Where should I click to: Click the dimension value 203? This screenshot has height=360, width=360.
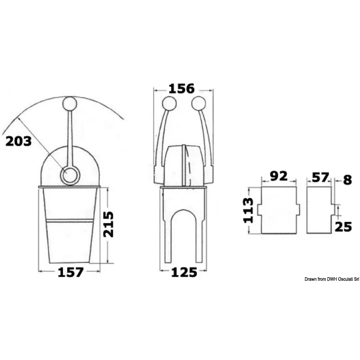click(18, 141)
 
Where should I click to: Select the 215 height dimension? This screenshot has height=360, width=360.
click(108, 224)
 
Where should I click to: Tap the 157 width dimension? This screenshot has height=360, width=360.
click(70, 272)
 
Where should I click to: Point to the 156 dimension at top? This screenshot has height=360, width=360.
click(182, 89)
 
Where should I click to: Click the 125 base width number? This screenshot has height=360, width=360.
click(184, 272)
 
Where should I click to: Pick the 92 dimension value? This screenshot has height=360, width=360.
click(279, 176)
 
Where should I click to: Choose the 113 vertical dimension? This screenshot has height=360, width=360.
click(248, 210)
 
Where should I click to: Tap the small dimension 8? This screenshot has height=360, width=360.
click(347, 180)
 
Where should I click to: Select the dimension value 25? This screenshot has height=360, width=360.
click(343, 227)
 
